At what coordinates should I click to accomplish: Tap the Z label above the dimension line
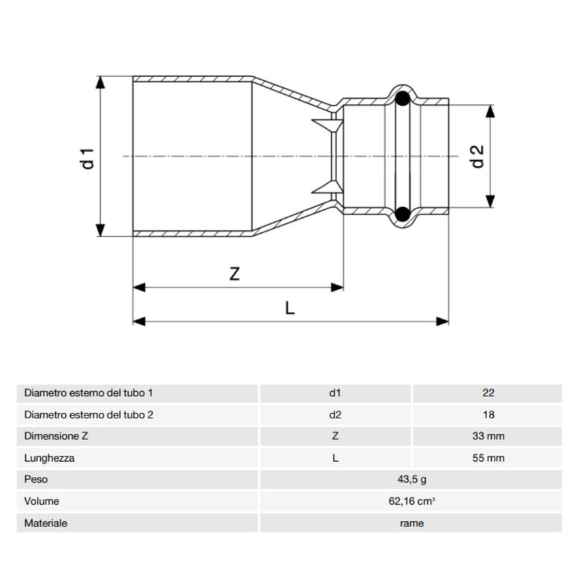(234, 274)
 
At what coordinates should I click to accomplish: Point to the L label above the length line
(289, 308)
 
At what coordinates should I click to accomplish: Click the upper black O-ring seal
(403, 98)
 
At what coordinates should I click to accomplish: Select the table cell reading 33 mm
(488, 437)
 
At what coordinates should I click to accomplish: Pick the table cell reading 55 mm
(488, 458)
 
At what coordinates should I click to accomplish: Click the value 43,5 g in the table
(411, 480)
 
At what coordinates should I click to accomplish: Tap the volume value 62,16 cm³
(411, 501)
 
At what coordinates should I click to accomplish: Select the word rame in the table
(411, 523)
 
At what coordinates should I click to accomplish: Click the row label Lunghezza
(49, 458)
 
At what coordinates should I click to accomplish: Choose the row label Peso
(35, 480)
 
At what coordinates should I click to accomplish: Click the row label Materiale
(46, 523)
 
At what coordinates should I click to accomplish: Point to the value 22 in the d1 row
(488, 393)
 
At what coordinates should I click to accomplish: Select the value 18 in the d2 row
(488, 415)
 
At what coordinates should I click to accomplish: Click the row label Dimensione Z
(57, 437)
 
